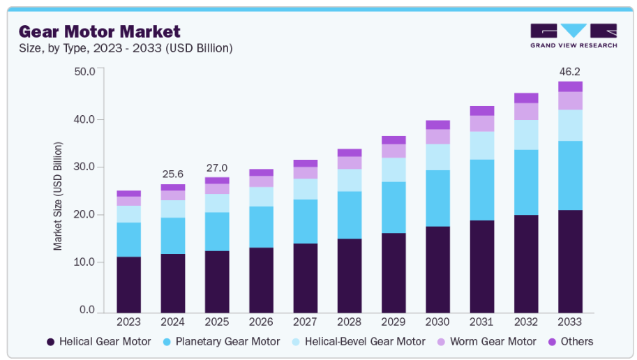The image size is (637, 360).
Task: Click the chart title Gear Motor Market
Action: [100, 31]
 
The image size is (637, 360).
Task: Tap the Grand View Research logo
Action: [574, 36]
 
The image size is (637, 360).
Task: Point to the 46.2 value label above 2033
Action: [570, 71]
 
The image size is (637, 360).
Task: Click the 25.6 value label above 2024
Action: [172, 173]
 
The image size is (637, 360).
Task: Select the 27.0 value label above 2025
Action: [216, 167]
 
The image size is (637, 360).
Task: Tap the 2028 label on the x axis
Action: [349, 322]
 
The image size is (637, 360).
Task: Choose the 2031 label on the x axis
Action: [481, 322]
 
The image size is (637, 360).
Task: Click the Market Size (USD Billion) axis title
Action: [58, 196]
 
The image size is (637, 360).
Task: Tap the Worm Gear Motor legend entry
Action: [488, 342]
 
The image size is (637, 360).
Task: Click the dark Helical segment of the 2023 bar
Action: [128, 285]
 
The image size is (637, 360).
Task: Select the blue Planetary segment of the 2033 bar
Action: [570, 175]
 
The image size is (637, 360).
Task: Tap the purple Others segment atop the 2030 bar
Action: [437, 125]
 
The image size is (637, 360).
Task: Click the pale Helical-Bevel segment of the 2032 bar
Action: [526, 135]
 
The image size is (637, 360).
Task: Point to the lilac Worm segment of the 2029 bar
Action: [394, 151]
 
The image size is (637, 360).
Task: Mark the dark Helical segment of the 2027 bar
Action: [305, 278]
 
